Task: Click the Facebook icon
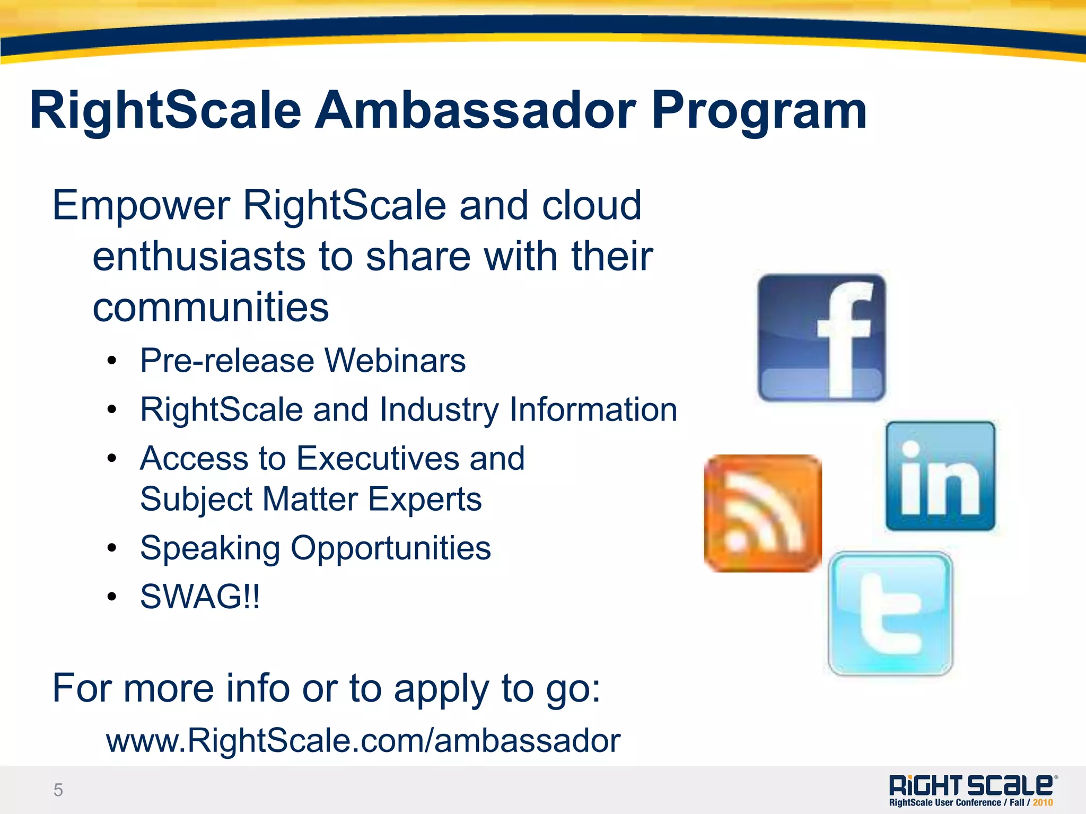821,338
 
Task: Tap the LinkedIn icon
940,476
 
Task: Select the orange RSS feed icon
763,513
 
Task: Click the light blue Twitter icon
890,614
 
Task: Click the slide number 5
58,790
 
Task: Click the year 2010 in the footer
1043,803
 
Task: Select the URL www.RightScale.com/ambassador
363,740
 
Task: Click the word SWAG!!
200,597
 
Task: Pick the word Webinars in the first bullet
395,361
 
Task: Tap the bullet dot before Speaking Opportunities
111,548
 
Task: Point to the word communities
211,307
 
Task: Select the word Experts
425,499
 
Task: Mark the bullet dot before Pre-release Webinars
111,362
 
